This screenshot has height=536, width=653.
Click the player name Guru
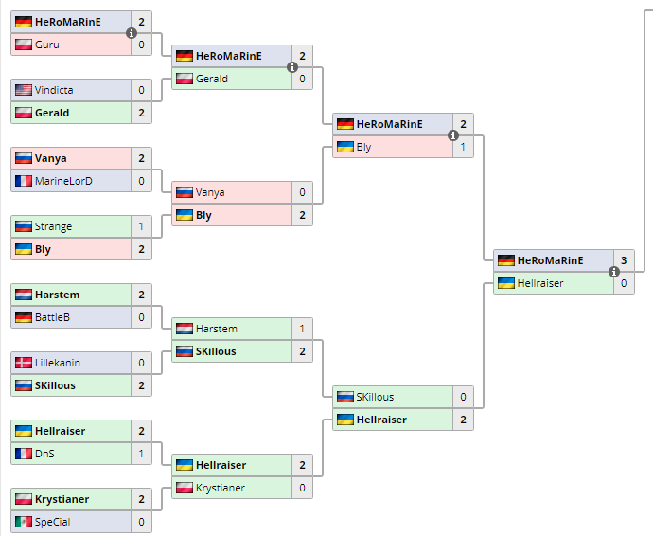coord(45,45)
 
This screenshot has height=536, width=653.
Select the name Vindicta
coord(53,90)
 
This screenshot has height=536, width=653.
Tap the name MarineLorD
coord(62,181)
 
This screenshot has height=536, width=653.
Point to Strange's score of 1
coord(141,226)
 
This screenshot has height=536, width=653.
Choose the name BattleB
coord(52,317)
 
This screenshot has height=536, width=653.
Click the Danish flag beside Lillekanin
coord(24,363)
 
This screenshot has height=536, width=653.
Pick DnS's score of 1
coord(141,454)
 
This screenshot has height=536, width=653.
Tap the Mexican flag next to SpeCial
coord(24,522)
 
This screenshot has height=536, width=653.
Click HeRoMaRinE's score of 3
coord(624,260)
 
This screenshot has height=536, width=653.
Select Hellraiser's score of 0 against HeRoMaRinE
coord(624,283)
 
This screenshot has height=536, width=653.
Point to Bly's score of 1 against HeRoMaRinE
coord(463,147)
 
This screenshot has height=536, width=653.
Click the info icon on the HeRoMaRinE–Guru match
coord(132,33)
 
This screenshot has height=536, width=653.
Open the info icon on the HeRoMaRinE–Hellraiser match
coord(614,272)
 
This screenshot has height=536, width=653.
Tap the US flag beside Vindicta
coord(24,90)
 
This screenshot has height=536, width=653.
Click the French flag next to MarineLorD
coord(24,181)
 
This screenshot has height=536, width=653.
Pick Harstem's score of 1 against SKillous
coord(302,329)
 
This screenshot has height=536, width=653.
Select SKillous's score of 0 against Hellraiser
coord(463,397)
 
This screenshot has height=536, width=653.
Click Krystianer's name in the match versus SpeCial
coord(62,499)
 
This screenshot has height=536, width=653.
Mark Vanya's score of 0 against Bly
coord(302,192)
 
